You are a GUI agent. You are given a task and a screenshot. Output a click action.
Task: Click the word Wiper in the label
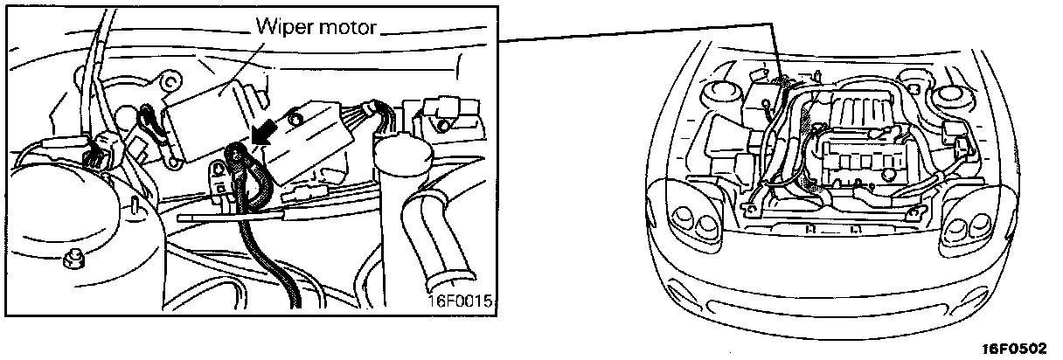click(281, 28)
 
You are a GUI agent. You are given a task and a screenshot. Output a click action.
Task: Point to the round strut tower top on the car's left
click(722, 89)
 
